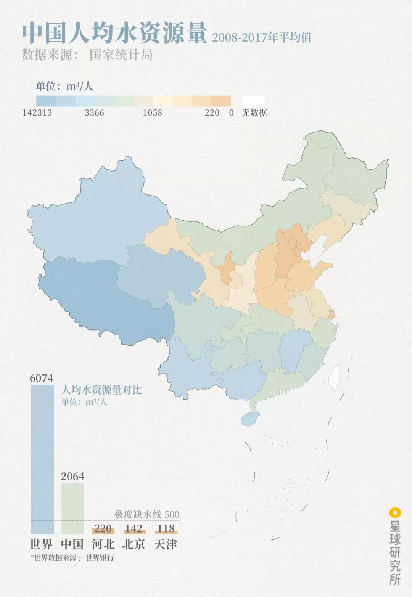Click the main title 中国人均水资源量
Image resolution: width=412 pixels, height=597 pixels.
click(114, 34)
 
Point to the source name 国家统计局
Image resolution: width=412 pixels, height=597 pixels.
click(121, 55)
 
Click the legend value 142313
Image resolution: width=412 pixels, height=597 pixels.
click(37, 113)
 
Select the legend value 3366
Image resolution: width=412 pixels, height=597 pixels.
click(94, 113)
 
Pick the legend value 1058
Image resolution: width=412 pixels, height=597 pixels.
click(152, 113)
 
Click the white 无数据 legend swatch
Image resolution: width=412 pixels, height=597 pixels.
click(253, 101)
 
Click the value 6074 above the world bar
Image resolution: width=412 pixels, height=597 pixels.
click(42, 378)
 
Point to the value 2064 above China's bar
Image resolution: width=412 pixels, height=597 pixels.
click(72, 477)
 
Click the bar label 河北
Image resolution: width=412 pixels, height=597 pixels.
click(103, 544)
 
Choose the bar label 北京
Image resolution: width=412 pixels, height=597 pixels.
click(134, 544)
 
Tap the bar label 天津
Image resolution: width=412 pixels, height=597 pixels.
click(166, 544)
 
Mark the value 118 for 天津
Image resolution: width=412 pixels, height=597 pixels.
click(166, 528)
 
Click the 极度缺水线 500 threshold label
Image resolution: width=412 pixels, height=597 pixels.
click(147, 514)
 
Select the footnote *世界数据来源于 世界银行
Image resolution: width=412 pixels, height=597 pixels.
click(72, 558)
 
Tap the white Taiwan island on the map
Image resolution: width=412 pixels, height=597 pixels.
click(335, 378)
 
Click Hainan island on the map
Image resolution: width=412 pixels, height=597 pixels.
click(249, 418)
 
